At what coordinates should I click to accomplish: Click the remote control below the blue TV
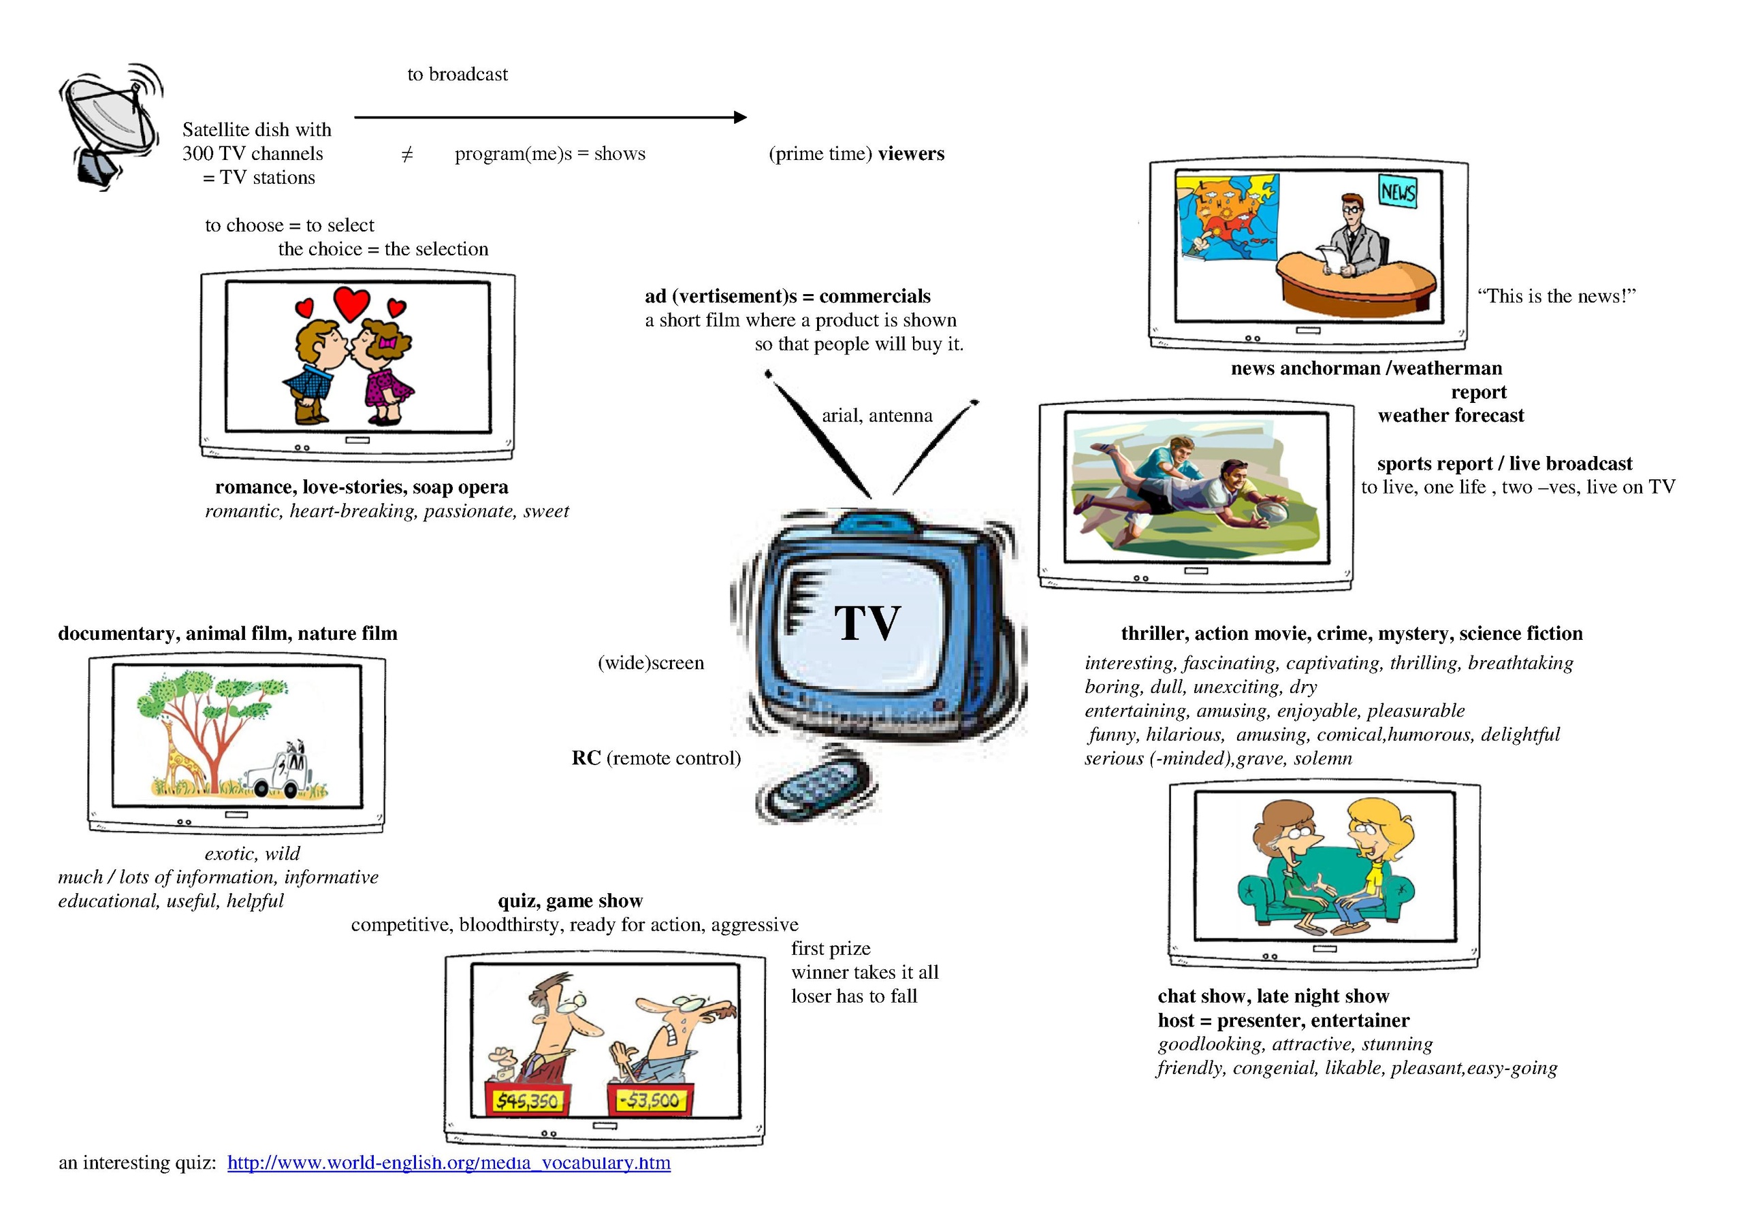click(x=813, y=792)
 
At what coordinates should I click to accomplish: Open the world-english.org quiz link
click(x=449, y=1163)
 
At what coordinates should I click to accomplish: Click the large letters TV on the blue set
click(x=867, y=623)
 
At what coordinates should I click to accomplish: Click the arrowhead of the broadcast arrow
click(x=740, y=117)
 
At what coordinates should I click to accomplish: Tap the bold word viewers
click(x=911, y=154)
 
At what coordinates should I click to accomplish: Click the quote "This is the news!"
click(x=1556, y=296)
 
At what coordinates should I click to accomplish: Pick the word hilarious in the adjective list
click(x=1184, y=735)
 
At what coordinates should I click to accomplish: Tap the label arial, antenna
click(x=877, y=416)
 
